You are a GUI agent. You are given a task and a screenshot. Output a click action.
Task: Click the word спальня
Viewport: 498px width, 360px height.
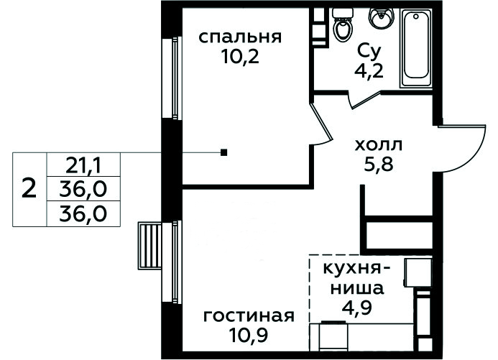pyautogui.click(x=240, y=37)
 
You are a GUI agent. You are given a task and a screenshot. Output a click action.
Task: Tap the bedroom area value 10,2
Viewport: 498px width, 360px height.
pyautogui.click(x=241, y=57)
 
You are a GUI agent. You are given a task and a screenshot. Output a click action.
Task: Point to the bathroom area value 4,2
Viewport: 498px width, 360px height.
pyautogui.click(x=369, y=71)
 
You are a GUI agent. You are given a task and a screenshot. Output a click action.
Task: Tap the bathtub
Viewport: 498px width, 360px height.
pyautogui.click(x=416, y=47)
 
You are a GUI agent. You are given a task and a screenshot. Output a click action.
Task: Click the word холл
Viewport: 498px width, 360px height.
pyautogui.click(x=378, y=145)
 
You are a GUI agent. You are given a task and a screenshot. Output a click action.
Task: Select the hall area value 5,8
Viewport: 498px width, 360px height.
pyautogui.click(x=379, y=165)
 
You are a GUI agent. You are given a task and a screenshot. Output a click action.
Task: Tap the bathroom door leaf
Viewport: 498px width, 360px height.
pyautogui.click(x=365, y=100)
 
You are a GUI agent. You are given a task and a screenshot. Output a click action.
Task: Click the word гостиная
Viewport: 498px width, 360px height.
pyautogui.click(x=249, y=316)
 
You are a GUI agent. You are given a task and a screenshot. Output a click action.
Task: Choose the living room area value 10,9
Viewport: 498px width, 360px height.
pyautogui.click(x=249, y=336)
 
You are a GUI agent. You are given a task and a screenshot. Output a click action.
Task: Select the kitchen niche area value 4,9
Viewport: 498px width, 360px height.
pyautogui.click(x=356, y=308)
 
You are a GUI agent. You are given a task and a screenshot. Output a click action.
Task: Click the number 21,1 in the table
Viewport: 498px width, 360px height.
pyautogui.click(x=83, y=166)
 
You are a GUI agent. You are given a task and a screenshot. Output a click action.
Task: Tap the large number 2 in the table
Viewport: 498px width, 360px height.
pyautogui.click(x=29, y=189)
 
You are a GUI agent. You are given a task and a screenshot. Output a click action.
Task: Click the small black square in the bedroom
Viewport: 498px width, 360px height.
pyautogui.click(x=224, y=153)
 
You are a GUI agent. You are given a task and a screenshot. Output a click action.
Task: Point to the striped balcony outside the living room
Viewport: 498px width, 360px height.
pyautogui.click(x=149, y=246)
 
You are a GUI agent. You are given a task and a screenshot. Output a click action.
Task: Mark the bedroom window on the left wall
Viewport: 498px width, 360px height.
pyautogui.click(x=172, y=78)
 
